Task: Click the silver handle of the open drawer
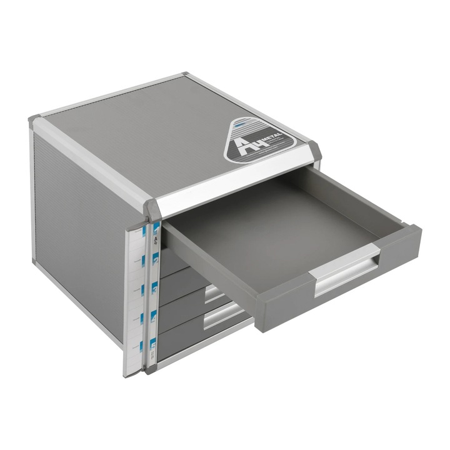pos(347,274)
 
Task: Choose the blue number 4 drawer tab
pos(152,317)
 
